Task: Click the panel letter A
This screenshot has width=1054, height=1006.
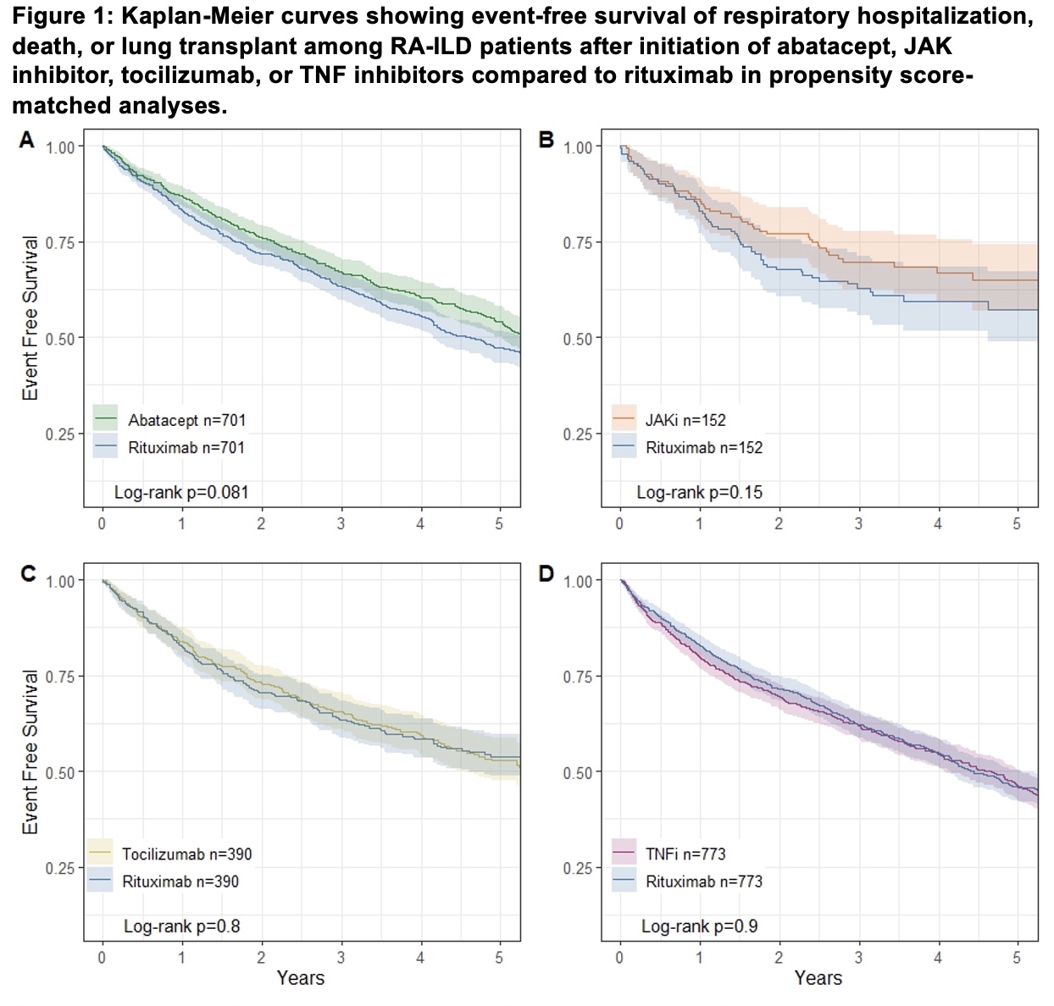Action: tap(27, 141)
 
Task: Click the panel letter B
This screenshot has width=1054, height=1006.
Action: tap(546, 141)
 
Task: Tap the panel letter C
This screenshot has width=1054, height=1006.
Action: tap(28, 574)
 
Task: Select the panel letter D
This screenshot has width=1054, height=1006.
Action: tap(546, 574)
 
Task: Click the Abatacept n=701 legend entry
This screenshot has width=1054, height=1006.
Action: tap(187, 420)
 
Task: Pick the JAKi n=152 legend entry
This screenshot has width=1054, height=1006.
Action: tap(685, 420)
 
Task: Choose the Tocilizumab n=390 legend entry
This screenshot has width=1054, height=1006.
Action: tap(186, 854)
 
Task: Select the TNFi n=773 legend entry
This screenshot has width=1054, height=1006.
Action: tap(685, 854)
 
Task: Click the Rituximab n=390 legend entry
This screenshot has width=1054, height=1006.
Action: tap(180, 882)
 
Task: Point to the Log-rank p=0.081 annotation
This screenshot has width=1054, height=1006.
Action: tap(181, 492)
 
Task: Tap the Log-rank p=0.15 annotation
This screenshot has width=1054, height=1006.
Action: tap(700, 492)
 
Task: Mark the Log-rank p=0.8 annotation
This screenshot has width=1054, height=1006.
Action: tap(181, 926)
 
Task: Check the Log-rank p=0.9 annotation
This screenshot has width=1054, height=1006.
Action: tap(700, 926)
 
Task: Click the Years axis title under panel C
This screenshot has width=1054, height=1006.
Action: tap(300, 979)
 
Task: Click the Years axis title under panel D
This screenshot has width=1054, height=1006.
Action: tap(818, 979)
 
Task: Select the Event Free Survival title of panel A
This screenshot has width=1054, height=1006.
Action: tap(31, 318)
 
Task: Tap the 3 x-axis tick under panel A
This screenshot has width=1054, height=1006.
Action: tap(341, 524)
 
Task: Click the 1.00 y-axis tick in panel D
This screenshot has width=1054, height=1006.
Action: tap(578, 582)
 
